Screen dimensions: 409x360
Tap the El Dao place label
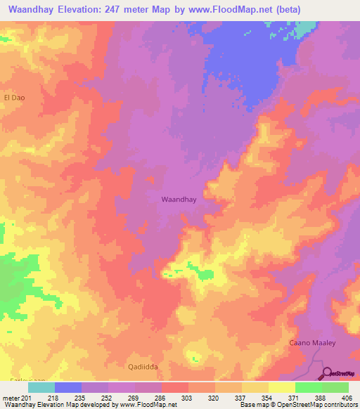(x=14, y=98)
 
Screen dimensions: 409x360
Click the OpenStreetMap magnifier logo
(x=328, y=372)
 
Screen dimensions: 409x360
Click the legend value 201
(x=27, y=397)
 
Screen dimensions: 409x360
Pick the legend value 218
(x=53, y=397)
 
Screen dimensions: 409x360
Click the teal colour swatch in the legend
(x=41, y=387)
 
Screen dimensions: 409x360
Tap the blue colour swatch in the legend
(x=68, y=387)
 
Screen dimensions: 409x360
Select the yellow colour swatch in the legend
(x=282, y=387)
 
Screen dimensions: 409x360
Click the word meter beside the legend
(x=11, y=397)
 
